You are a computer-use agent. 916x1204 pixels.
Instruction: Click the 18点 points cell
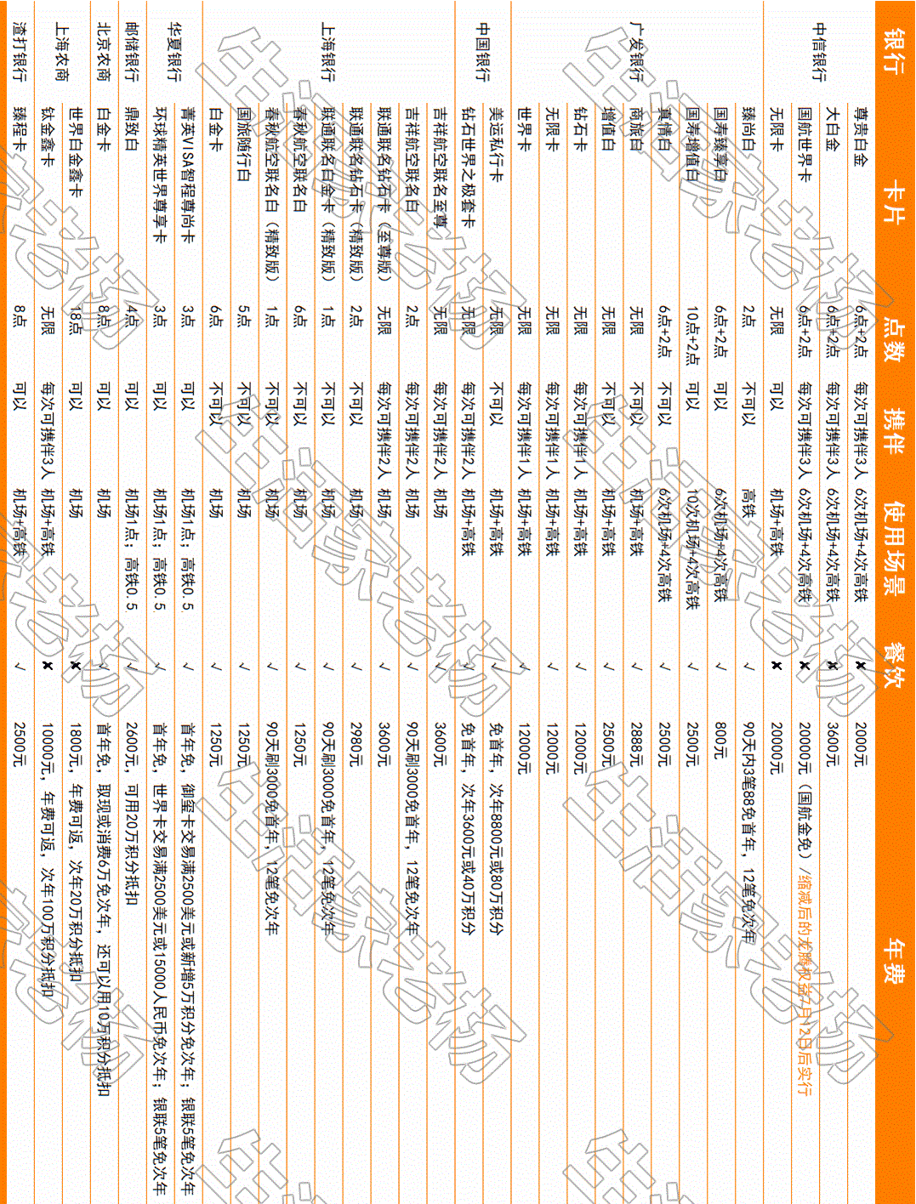click(76, 323)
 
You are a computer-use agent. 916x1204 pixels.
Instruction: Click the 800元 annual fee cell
click(720, 740)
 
